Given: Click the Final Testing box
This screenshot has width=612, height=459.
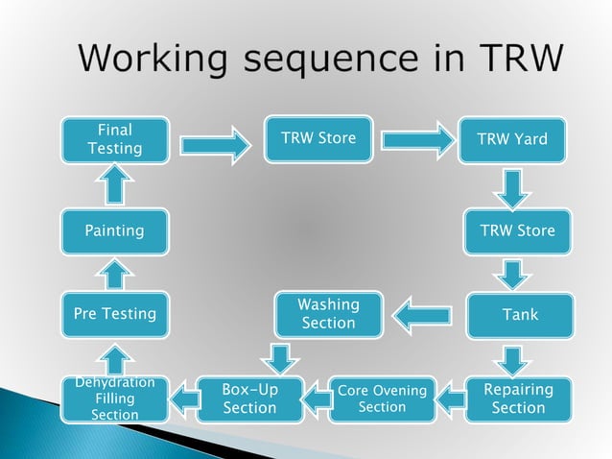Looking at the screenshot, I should [115, 139].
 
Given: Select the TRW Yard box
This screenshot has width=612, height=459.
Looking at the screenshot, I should [518, 139].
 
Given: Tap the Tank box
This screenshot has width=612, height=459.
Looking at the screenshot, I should [519, 315].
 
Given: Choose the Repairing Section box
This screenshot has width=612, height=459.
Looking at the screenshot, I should [518, 399].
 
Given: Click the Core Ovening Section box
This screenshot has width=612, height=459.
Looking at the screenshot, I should [382, 399].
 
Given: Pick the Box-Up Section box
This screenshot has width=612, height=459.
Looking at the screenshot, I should [249, 399].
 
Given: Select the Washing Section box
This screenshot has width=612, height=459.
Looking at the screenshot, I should [328, 314].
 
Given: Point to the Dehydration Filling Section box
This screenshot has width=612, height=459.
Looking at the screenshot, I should [114, 399].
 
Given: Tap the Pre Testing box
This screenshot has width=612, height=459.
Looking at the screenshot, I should [114, 314].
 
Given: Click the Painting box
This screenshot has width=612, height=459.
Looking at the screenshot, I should [114, 230].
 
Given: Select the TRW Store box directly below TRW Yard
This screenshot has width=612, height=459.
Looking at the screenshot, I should [518, 230].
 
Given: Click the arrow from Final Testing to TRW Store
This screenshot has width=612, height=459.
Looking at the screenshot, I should [214, 145].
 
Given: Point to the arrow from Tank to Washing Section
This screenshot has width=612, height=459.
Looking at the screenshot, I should [423, 315].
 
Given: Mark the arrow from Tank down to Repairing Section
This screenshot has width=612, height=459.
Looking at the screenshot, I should [515, 360].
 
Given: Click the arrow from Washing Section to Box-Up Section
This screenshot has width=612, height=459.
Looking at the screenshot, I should [281, 357].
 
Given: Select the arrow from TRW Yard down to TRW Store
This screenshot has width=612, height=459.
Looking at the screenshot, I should [515, 188].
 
